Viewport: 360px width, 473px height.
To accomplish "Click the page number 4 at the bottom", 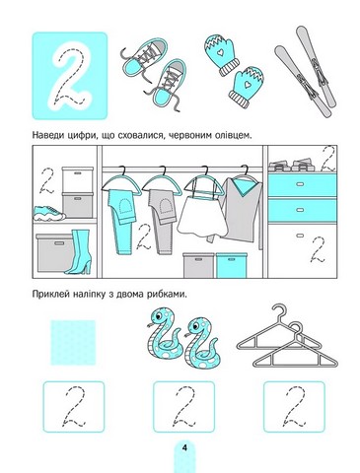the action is click(184, 447).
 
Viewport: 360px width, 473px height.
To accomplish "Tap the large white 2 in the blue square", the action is click(70, 76).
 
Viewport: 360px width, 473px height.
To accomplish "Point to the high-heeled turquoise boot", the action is click(79, 251).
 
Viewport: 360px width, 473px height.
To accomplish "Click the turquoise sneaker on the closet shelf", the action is click(48, 213).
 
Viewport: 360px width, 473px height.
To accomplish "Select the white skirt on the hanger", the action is click(202, 218).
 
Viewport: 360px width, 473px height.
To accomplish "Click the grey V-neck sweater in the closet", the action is click(242, 210).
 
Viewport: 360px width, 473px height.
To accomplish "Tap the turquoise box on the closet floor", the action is click(231, 265).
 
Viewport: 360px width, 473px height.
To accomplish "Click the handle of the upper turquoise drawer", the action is click(299, 184).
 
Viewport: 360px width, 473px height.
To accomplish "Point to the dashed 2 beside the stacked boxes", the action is click(47, 181).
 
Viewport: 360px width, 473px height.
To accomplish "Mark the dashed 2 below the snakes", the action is click(184, 406).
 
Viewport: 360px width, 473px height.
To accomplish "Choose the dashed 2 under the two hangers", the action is click(294, 406).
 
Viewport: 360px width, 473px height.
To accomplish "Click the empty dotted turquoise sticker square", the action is click(73, 343).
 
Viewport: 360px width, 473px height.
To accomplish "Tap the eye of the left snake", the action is click(159, 316).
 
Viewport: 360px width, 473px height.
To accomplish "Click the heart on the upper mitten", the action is click(220, 52).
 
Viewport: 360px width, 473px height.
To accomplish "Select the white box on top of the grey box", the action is click(78, 180).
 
